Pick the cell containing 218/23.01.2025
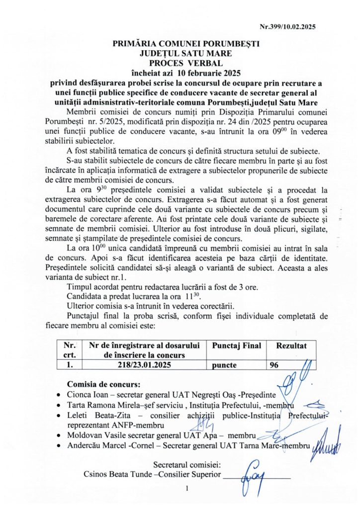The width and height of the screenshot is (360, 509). coord(146,364)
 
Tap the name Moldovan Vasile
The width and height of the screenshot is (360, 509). coord(95,435)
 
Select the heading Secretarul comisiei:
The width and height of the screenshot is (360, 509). coord(187,465)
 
